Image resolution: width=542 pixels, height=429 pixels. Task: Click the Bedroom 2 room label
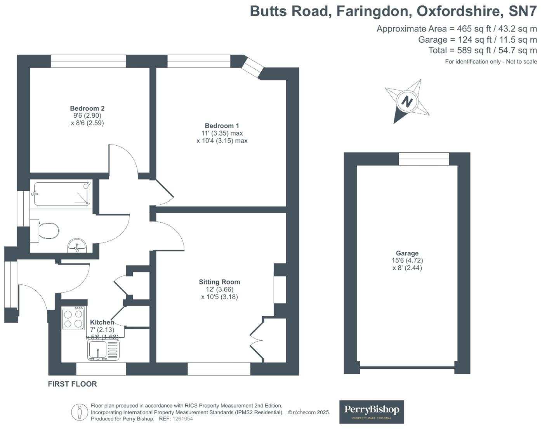87,108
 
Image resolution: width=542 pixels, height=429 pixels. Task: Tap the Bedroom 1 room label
222,126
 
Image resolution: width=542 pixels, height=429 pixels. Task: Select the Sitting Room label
219,282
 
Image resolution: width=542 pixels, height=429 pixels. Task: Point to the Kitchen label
102,323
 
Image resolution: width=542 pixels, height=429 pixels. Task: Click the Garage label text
407,253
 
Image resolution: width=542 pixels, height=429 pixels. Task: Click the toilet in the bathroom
46,230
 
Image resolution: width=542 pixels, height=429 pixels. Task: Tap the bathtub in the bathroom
62,194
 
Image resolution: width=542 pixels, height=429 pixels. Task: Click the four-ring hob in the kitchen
73,318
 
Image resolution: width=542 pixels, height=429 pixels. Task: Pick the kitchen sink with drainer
103,350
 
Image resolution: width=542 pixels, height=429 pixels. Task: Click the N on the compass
407,102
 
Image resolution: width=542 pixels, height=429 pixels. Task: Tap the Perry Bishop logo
372,412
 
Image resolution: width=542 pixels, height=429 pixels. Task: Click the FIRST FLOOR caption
72,384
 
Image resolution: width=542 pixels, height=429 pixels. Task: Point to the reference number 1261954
182,419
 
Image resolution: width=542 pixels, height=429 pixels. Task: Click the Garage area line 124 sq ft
477,40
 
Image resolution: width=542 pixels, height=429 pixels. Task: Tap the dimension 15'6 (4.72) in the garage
407,261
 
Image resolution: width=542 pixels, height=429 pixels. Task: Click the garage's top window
424,159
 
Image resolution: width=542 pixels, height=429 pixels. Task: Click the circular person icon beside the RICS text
80,412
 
